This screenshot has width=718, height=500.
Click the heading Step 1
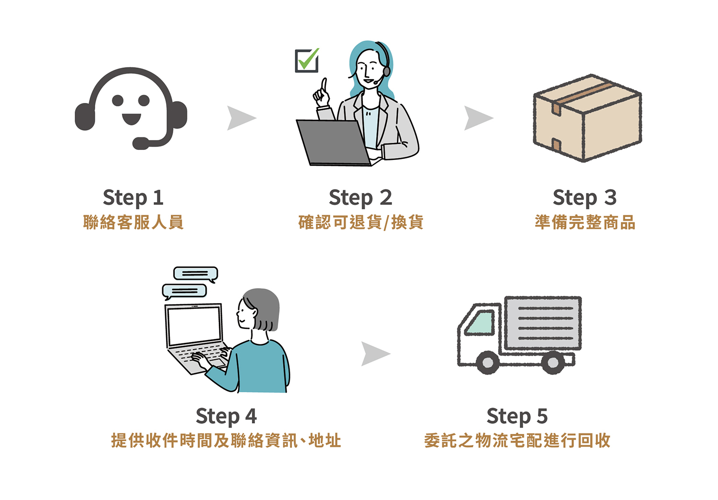pyautogui.click(x=133, y=197)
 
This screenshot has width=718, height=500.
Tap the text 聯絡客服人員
pyautogui.click(x=133, y=222)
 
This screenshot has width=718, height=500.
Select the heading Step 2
pyautogui.click(x=360, y=197)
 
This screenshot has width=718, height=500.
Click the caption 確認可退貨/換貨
pyautogui.click(x=360, y=222)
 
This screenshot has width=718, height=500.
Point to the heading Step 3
pyautogui.click(x=584, y=197)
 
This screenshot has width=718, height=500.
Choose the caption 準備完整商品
pyautogui.click(x=585, y=222)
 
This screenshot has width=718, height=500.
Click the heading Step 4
pyautogui.click(x=226, y=416)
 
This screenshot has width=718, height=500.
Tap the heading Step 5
pyautogui.click(x=517, y=416)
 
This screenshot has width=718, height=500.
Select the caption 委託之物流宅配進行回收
pyautogui.click(x=517, y=441)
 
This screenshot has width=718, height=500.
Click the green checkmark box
pyautogui.click(x=307, y=61)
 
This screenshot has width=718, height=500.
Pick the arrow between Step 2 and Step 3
pyautogui.click(x=478, y=118)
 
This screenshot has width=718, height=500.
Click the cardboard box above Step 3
pyautogui.click(x=587, y=118)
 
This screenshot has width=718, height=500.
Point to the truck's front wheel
pyautogui.click(x=488, y=363)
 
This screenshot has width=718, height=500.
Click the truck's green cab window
pyautogui.click(x=480, y=323)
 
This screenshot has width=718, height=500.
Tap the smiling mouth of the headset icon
pyautogui.click(x=131, y=118)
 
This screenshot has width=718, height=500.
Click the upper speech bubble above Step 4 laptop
pyautogui.click(x=195, y=273)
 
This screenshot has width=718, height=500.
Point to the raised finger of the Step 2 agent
pyautogui.click(x=324, y=86)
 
